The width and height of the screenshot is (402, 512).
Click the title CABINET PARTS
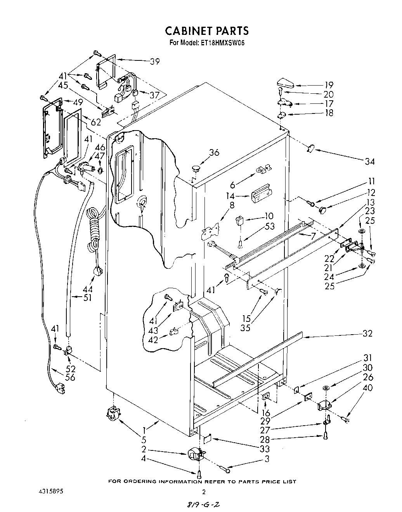pos(207,31)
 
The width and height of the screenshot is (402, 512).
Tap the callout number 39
pos(155,61)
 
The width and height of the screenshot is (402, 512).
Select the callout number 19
pos(329,85)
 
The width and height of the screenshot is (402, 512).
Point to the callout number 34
pos(370,162)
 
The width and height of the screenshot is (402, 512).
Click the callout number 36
pos(214,152)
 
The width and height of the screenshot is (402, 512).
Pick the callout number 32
pos(367,333)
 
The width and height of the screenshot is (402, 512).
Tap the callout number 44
pos(87,289)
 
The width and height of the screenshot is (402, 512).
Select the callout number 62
pos(96,122)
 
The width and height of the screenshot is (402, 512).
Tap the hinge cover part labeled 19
pos(286,83)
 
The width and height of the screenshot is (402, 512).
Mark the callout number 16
pos(266,413)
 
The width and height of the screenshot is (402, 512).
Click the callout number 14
pos(230,196)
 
